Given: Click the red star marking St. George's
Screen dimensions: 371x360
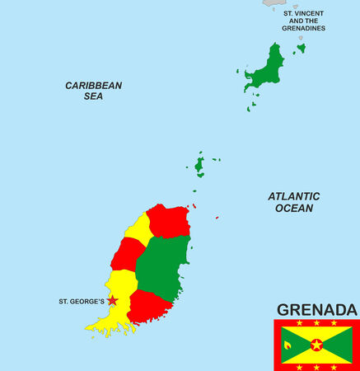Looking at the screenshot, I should click(x=112, y=301).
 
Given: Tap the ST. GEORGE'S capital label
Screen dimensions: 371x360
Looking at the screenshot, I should click(x=81, y=302).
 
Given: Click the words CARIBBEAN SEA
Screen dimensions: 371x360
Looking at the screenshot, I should click(x=94, y=91).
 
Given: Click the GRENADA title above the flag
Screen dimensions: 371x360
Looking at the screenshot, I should click(x=317, y=310).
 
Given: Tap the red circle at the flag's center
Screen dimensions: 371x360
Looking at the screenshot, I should click(x=316, y=345).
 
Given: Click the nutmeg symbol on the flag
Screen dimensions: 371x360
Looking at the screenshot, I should click(x=288, y=345).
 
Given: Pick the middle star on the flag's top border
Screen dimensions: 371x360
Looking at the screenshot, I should click(x=316, y=323).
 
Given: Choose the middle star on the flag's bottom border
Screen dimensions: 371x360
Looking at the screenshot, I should click(x=316, y=366).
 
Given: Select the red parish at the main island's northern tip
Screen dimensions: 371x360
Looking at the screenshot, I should click(x=168, y=221).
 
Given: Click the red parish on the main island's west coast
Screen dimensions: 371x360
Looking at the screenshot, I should click(x=128, y=254).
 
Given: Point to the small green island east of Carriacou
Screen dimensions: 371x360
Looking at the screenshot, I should click(x=301, y=49).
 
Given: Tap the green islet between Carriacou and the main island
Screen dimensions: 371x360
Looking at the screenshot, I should click(x=199, y=165).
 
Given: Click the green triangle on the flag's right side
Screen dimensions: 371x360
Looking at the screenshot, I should click(x=342, y=345).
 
